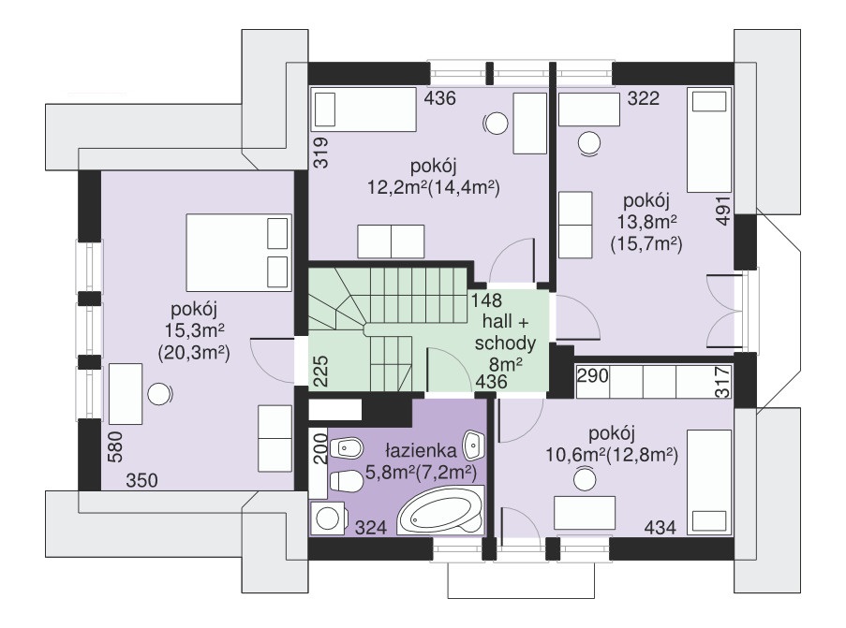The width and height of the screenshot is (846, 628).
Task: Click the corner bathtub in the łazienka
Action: [441, 511]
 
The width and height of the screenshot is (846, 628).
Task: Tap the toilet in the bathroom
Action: [347, 480]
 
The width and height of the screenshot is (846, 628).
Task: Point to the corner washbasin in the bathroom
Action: [474, 443]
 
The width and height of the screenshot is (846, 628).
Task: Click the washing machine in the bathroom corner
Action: [327, 518]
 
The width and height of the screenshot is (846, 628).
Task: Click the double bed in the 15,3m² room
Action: [238, 252]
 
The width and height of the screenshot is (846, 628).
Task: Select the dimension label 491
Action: [723, 211]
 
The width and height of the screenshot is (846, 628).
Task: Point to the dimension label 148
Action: [486, 300]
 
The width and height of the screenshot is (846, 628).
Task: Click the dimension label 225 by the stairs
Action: [320, 371]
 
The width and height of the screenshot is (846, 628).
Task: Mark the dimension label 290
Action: [593, 375]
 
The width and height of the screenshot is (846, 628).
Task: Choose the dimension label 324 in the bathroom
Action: [371, 527]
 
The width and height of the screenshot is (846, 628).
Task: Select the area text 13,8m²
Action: [646, 222]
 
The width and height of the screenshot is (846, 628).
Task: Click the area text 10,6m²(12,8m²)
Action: [612, 455]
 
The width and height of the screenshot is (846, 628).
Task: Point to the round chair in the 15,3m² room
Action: [159, 394]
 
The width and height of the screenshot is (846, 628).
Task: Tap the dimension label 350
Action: [141, 480]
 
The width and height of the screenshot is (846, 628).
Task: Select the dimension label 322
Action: [644, 98]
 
